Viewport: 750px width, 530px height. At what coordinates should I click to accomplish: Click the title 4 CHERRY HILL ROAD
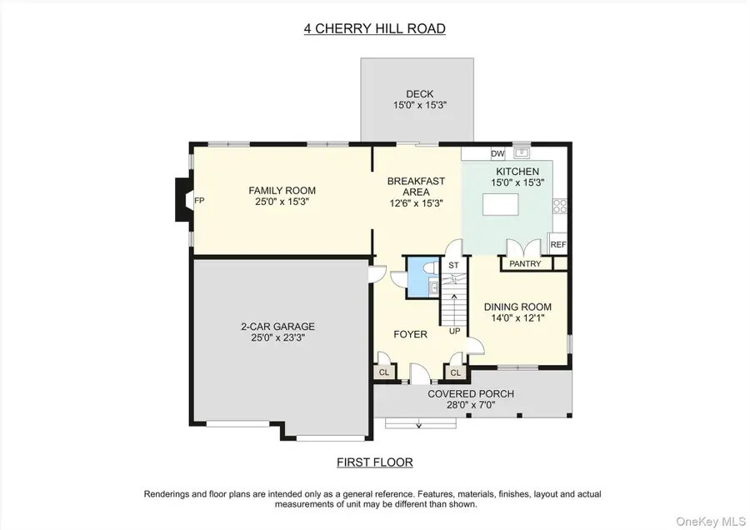[x=374, y=28]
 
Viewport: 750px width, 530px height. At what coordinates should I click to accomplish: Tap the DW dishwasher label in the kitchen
[x=497, y=153]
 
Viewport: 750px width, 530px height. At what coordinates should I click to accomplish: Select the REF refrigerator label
[x=558, y=245]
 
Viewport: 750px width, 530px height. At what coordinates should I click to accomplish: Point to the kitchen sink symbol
[x=522, y=152]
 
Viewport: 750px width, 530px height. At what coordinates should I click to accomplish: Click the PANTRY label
[x=524, y=264]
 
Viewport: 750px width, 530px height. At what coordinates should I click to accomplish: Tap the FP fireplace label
[x=199, y=201]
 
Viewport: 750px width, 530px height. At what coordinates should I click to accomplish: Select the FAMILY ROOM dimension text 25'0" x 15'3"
[x=282, y=202]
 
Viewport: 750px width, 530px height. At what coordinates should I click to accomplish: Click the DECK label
[x=420, y=94]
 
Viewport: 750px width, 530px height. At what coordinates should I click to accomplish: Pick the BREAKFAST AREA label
[x=417, y=192]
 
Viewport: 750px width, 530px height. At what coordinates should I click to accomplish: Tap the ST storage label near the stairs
[x=454, y=266]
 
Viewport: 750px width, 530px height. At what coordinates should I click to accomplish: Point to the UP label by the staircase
[x=455, y=331]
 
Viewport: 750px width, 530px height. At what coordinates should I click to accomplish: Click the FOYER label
[x=410, y=334]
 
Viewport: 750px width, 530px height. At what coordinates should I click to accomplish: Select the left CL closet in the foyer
[x=385, y=372]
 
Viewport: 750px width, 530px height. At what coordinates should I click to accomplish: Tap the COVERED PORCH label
[x=471, y=393]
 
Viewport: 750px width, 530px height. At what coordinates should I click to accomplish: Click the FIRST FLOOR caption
[x=374, y=462]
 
